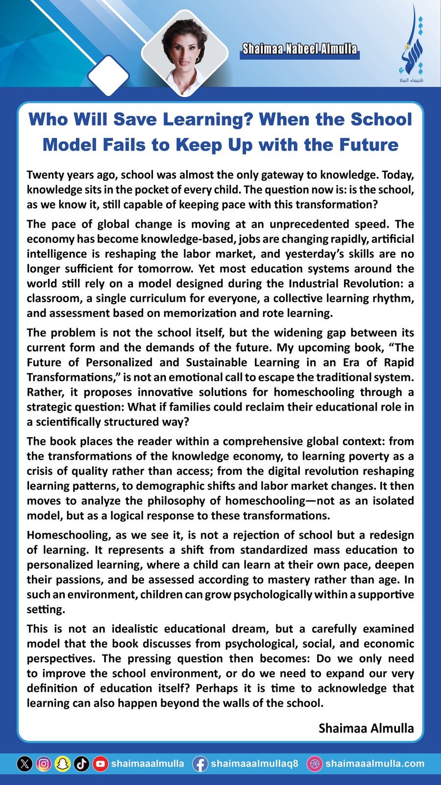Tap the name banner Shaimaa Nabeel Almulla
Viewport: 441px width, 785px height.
(x=299, y=49)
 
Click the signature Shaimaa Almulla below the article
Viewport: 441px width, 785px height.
(x=366, y=728)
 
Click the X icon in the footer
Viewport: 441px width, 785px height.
(x=25, y=764)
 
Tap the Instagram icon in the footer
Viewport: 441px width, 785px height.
(x=44, y=764)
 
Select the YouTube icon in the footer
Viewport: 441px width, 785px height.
(x=100, y=764)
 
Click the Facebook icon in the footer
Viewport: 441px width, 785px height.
(x=199, y=764)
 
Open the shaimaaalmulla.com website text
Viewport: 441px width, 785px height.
(x=374, y=764)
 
